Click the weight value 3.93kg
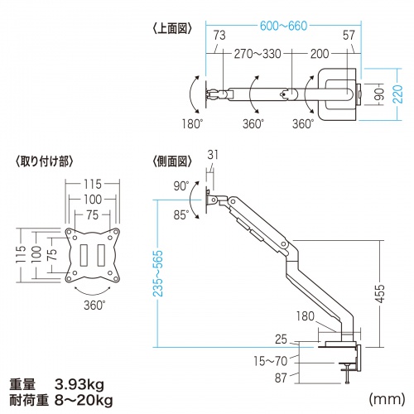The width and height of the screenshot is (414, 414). [x=80, y=383]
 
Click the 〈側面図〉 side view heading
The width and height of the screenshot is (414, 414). [x=171, y=161]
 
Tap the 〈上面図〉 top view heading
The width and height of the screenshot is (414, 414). [x=171, y=27]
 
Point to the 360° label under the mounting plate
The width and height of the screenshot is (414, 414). [x=93, y=306]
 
